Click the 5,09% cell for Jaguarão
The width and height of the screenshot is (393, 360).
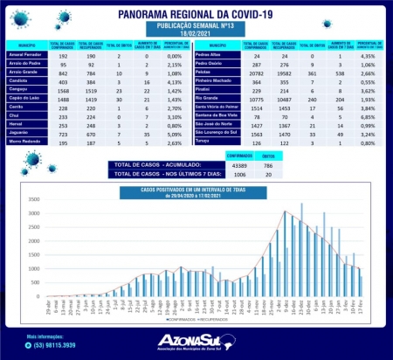click(x=172, y=157)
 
